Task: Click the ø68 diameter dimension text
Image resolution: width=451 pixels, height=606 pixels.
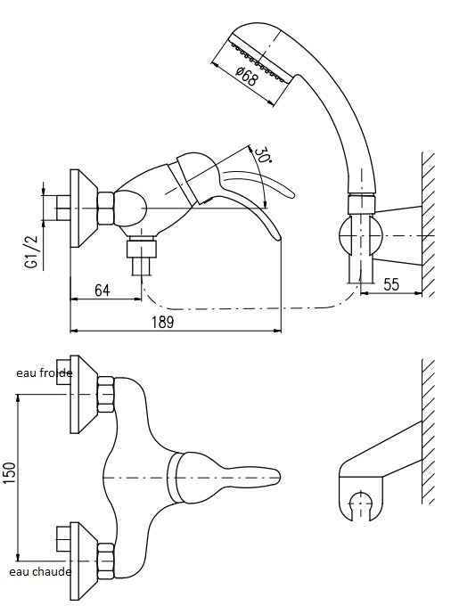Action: click(x=246, y=76)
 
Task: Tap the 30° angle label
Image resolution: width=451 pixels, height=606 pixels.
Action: click(x=262, y=155)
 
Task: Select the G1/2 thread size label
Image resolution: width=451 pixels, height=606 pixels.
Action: click(x=32, y=251)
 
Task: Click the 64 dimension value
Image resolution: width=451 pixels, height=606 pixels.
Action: click(x=102, y=290)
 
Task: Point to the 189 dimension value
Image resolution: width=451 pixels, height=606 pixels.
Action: click(x=163, y=322)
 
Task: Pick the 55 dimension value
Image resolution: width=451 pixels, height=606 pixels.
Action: click(x=391, y=284)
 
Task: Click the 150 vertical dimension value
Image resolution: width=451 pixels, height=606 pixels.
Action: click(x=11, y=472)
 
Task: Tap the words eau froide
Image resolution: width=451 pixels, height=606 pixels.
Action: click(x=44, y=373)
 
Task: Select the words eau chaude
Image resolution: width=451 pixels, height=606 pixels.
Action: click(x=40, y=572)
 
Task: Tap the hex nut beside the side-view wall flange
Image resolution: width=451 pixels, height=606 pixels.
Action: click(x=106, y=209)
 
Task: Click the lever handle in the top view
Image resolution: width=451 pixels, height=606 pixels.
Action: click(x=224, y=478)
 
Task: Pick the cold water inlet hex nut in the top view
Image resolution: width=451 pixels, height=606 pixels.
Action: click(x=106, y=395)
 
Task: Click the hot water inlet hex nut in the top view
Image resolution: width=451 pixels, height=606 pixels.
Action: click(x=106, y=561)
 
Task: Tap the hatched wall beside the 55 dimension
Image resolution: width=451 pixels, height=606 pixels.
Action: click(x=428, y=225)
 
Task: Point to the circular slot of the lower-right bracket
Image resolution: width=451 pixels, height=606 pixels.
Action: click(x=360, y=504)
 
